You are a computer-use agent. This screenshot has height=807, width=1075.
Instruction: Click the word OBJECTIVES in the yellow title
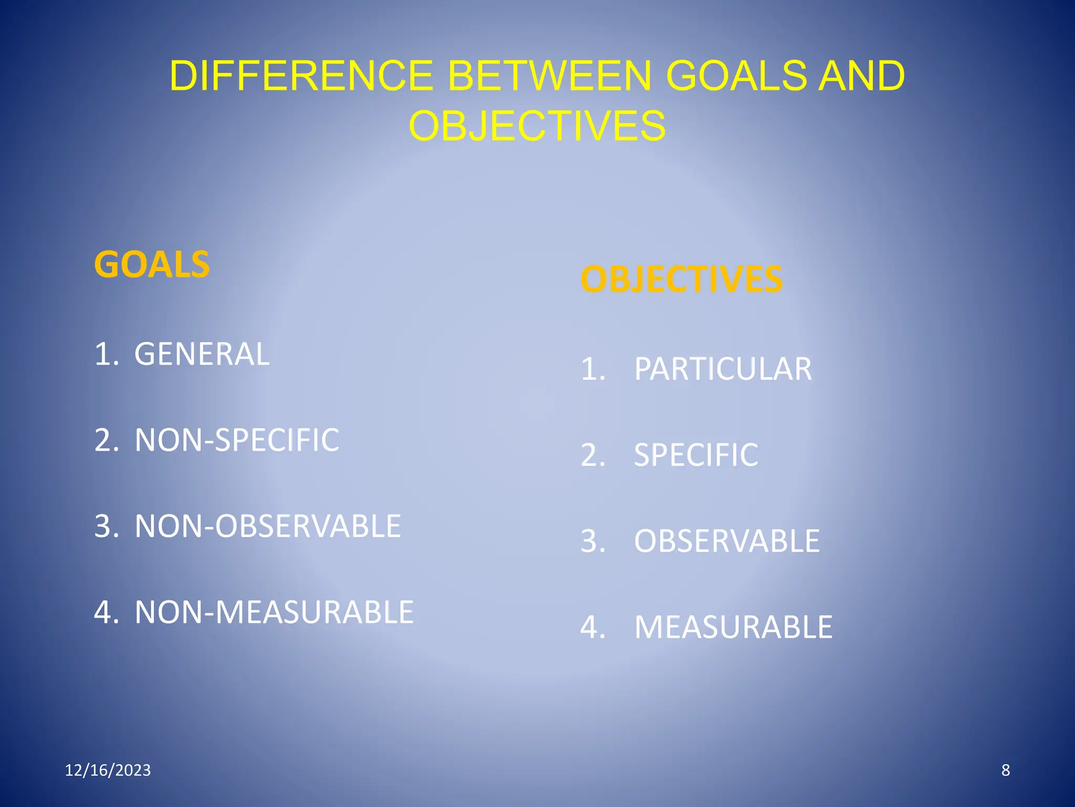coord(537,126)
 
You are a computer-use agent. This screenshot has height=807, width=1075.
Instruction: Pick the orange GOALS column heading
coord(152,264)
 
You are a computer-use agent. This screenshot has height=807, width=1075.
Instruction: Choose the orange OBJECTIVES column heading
coord(681,279)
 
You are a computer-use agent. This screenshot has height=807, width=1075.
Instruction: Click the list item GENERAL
coord(202,354)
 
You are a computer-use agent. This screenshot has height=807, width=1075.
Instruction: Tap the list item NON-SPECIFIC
coord(237,440)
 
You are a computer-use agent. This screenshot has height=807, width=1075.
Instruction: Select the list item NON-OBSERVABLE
coord(268,526)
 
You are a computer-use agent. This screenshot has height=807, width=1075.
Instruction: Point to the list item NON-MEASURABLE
coord(274,612)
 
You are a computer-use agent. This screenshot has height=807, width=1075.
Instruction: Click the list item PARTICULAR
coord(723,369)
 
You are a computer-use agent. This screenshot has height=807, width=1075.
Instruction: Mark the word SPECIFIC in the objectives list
coord(696,455)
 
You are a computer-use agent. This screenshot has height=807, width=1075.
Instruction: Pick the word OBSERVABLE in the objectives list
coord(727,541)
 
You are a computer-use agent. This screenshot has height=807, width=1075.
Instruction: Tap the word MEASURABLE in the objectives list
coord(733,627)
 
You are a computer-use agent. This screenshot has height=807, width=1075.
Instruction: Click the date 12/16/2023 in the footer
coord(108,770)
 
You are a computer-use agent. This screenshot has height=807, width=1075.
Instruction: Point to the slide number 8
coord(1006,770)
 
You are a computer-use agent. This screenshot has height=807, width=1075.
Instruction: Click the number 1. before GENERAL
coord(107,354)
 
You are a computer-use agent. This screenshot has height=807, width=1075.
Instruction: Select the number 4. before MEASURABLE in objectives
coord(593,627)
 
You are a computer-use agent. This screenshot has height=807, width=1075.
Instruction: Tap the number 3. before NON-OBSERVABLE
coord(107,526)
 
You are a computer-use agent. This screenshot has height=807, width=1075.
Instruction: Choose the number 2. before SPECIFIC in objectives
coord(593,455)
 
